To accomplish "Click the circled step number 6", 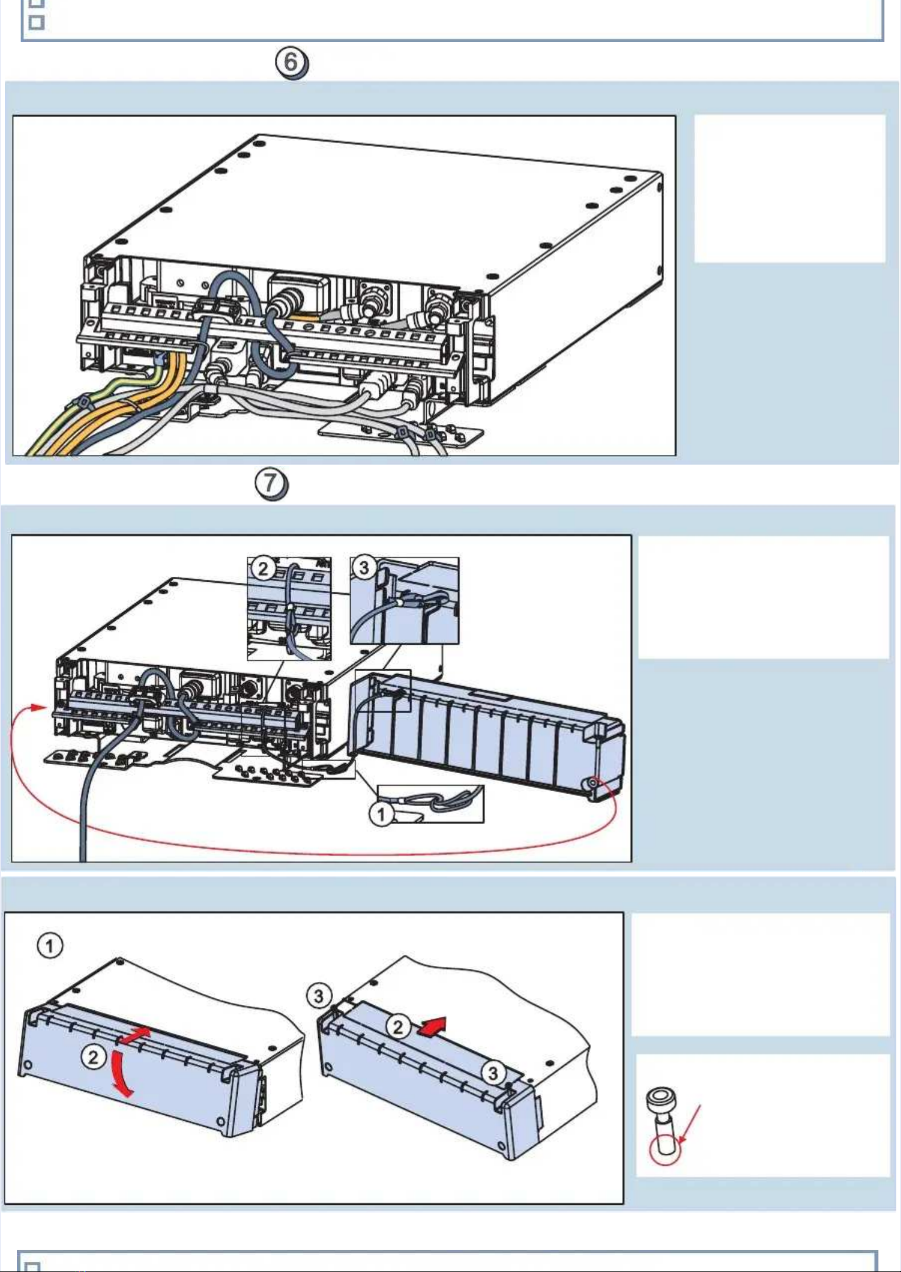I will click(x=291, y=62).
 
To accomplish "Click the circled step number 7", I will click(x=271, y=483).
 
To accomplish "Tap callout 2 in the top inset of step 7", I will click(x=263, y=568).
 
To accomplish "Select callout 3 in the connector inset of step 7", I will click(x=364, y=567).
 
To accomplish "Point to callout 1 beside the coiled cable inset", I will click(x=381, y=815).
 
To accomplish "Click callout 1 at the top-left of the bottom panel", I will click(x=50, y=946).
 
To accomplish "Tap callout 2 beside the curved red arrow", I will click(x=93, y=1056).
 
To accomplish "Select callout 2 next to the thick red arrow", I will click(x=398, y=1026).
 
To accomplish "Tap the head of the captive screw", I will click(x=661, y=1099).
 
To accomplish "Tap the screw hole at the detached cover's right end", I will click(x=594, y=783).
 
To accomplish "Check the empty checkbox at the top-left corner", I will click(x=37, y=22).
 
